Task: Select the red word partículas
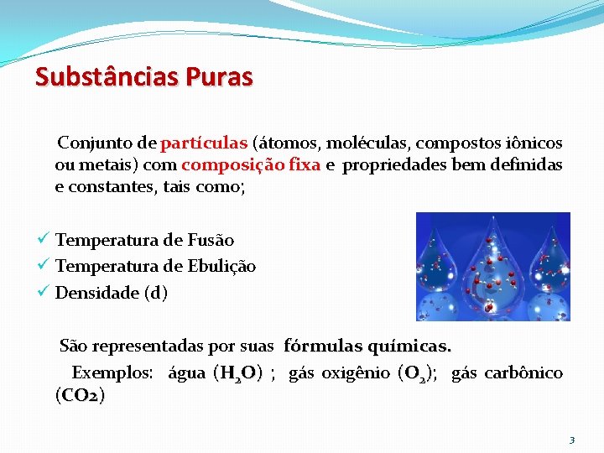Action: tap(204, 143)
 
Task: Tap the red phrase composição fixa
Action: tap(251, 165)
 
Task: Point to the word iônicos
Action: tap(533, 143)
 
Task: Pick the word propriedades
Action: tap(393, 165)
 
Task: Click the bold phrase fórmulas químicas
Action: tap(367, 346)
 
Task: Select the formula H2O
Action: tap(237, 373)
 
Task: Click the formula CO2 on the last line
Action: tap(80, 395)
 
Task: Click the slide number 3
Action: tap(571, 440)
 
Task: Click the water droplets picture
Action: tap(492, 266)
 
